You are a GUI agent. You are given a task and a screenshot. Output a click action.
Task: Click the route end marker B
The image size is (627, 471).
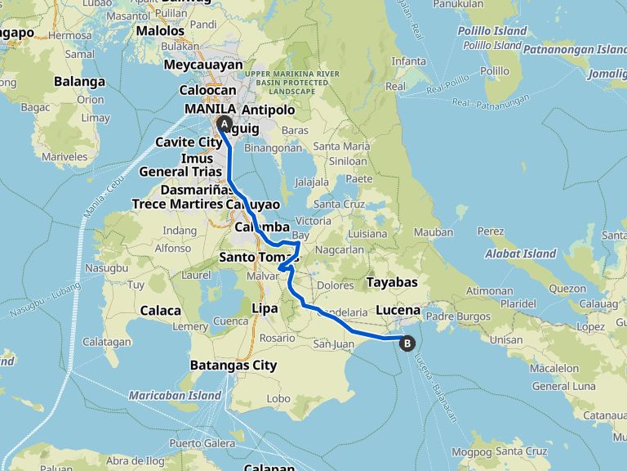pos(407,343)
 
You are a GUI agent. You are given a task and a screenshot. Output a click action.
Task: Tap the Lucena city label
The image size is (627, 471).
pos(398,310)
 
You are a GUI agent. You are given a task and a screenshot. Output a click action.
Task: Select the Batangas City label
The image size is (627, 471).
pos(233,365)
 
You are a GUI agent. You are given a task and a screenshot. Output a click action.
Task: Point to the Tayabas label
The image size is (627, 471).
pos(392,282)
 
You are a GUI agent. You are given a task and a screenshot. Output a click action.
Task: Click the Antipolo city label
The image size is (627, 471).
pos(268,109)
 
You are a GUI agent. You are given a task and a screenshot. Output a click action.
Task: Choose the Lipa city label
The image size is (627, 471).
pos(265,308)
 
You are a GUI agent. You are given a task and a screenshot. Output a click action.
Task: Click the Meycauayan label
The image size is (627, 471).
pos(203,64)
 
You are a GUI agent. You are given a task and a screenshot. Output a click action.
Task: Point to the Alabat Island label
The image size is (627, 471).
pos(521,253)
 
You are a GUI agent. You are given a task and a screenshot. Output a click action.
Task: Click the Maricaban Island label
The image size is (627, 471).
pos(175,396)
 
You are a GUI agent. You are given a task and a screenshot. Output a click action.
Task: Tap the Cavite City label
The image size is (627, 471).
pos(189,141)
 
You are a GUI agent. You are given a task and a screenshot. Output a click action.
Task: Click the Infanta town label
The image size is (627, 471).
pos(408,61)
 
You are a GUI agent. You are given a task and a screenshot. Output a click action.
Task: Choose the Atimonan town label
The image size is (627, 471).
pos(492,289)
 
